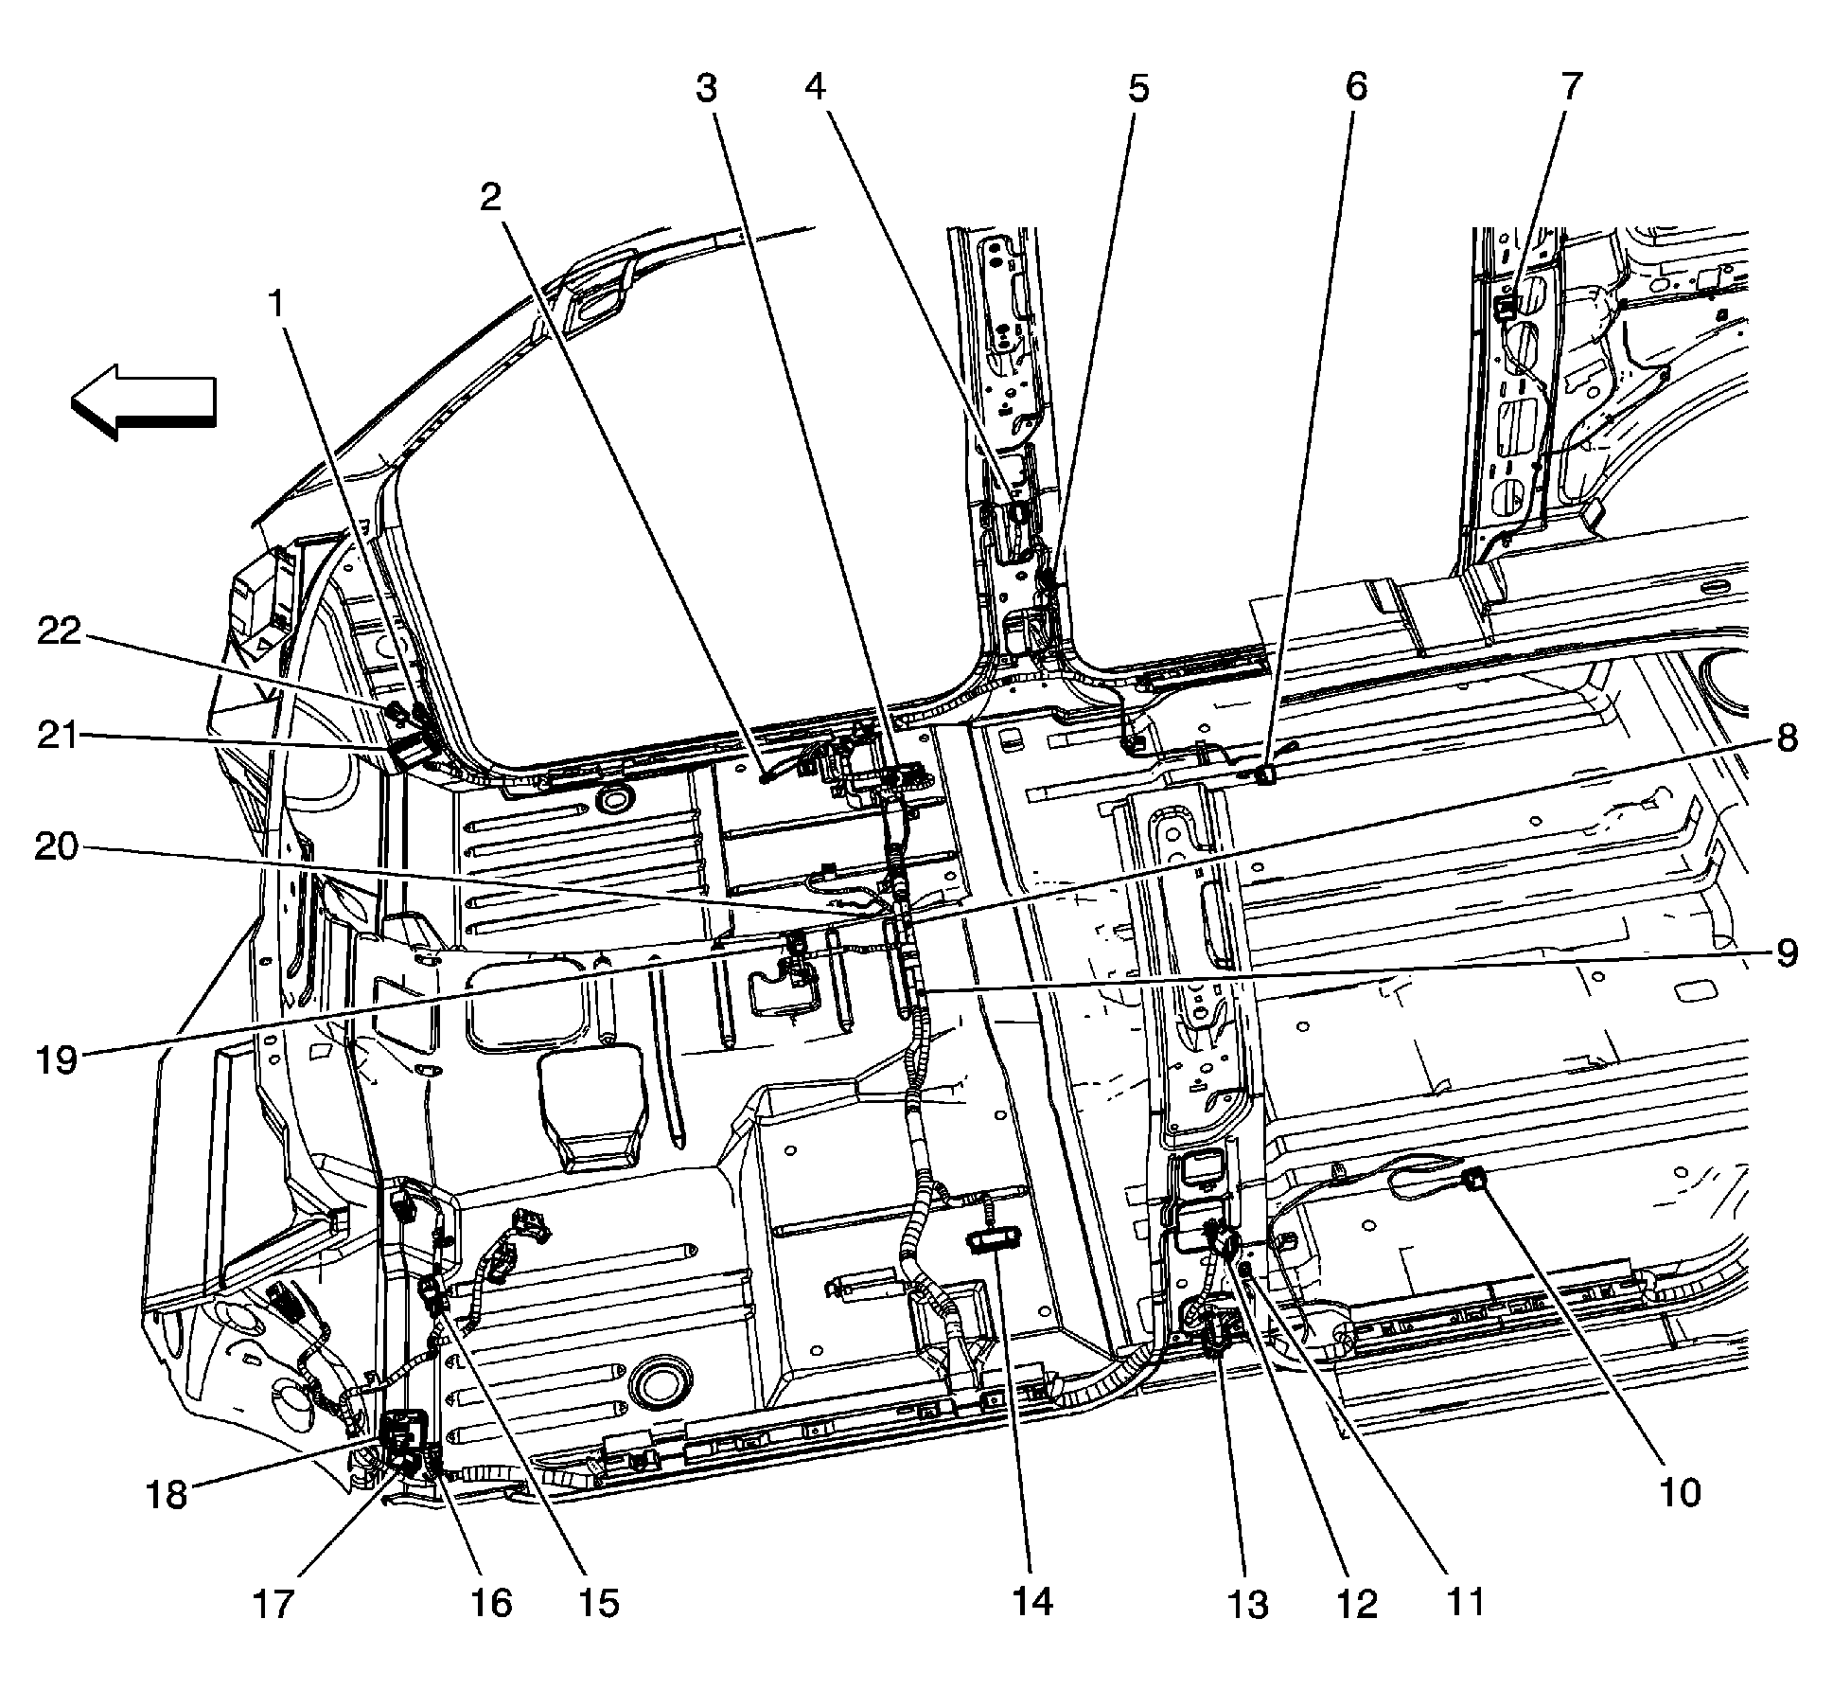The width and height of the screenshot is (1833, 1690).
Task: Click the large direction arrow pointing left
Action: click(x=144, y=401)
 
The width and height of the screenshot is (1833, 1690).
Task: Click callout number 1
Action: click(x=275, y=305)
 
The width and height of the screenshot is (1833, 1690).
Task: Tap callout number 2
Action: click(x=489, y=198)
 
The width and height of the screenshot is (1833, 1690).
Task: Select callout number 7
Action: click(x=1570, y=87)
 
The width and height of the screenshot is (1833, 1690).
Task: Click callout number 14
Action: click(x=1031, y=1602)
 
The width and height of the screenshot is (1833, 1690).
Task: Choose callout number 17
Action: click(x=273, y=1605)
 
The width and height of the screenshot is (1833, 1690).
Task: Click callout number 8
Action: click(x=1786, y=737)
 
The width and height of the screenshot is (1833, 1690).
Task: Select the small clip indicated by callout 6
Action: click(x=1265, y=776)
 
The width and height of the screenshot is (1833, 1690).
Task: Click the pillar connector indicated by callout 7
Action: click(x=1507, y=305)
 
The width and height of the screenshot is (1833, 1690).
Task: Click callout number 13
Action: click(x=1248, y=1604)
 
